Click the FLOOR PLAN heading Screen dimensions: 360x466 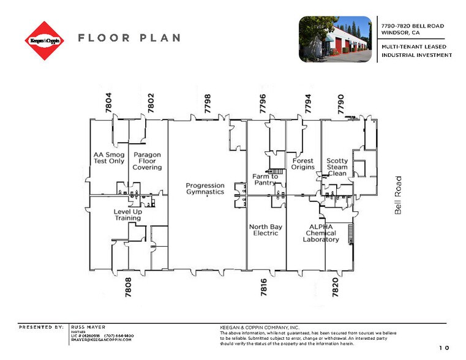point(129,38)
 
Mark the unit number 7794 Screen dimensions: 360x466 point(308,102)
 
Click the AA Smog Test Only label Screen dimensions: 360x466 point(108,158)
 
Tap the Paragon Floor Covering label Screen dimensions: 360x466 point(148,161)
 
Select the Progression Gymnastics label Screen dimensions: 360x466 point(205,189)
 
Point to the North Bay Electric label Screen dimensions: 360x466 point(266,230)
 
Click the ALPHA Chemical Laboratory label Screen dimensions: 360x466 point(320,233)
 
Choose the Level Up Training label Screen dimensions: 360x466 point(127,214)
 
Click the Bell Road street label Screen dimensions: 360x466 point(398,195)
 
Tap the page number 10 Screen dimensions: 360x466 point(444,348)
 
